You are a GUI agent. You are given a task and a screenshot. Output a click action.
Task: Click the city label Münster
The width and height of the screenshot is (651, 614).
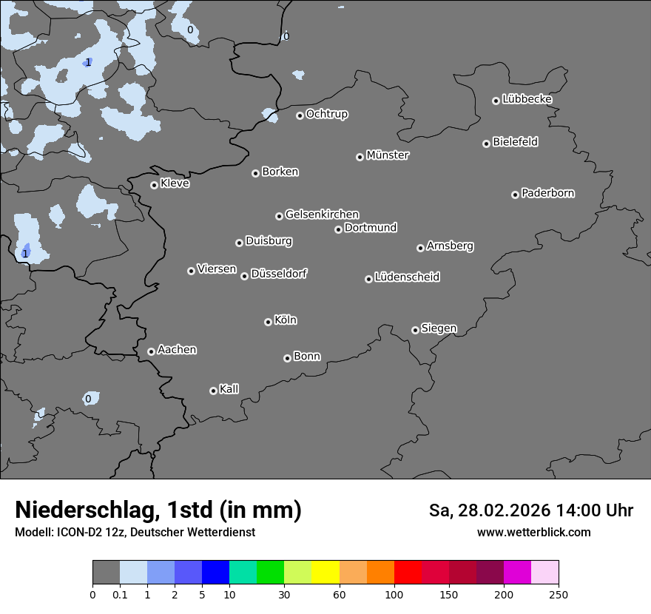tap(388, 155)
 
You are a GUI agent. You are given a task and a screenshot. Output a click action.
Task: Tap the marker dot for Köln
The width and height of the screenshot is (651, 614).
tap(268, 322)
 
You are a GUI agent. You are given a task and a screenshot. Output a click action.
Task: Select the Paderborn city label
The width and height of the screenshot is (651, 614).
tap(548, 193)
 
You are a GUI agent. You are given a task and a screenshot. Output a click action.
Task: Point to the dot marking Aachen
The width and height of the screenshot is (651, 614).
tap(151, 351)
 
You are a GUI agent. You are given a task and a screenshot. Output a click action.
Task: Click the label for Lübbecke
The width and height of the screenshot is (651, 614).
tap(527, 99)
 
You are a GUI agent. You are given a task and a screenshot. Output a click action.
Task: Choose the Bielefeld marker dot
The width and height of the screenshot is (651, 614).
tap(486, 144)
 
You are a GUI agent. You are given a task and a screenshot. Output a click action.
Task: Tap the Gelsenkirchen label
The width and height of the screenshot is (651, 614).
tap(322, 215)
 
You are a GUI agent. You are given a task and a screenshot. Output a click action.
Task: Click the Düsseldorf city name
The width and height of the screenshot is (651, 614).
tap(279, 274)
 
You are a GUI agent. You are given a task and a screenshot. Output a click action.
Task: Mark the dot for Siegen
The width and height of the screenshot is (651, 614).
tap(415, 330)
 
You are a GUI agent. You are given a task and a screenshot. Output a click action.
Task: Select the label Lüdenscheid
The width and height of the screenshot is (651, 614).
tap(407, 277)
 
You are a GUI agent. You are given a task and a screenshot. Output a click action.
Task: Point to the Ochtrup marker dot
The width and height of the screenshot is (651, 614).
tap(300, 115)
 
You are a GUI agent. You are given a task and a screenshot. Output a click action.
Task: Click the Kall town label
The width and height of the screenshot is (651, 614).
tap(229, 389)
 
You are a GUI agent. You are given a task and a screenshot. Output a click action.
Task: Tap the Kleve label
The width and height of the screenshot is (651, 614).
tap(175, 183)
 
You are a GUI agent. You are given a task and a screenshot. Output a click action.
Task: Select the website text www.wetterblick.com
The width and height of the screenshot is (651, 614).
tap(533, 532)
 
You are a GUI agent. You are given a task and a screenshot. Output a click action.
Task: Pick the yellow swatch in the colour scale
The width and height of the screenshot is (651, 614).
tap(325, 573)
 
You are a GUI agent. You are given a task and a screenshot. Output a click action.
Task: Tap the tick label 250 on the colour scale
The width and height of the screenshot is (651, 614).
tap(559, 594)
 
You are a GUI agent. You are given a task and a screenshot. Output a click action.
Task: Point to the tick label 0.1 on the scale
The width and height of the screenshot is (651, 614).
tap(119, 594)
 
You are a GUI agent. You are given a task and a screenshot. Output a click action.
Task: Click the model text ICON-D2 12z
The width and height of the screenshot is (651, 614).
tap(89, 532)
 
